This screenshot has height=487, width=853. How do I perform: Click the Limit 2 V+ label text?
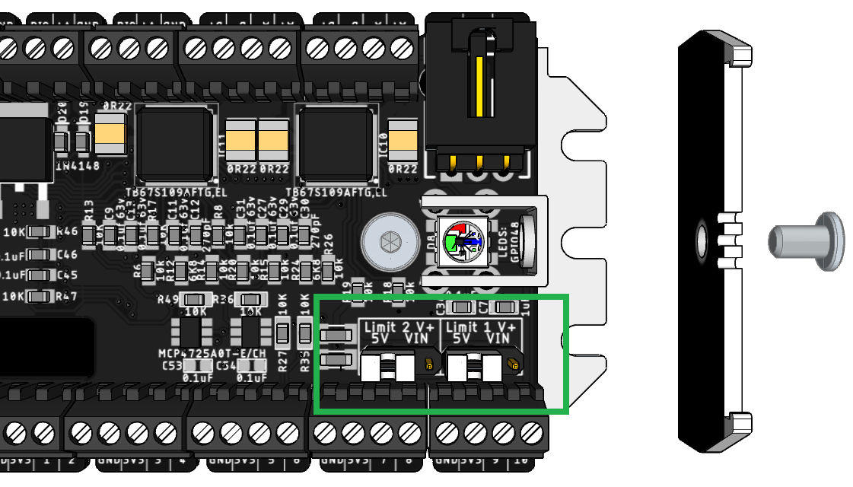397,327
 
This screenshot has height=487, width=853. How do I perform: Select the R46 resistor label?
68,231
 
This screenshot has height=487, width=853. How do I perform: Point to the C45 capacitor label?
68,275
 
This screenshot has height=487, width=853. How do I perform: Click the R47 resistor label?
68,296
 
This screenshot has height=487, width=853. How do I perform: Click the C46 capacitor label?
68,254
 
